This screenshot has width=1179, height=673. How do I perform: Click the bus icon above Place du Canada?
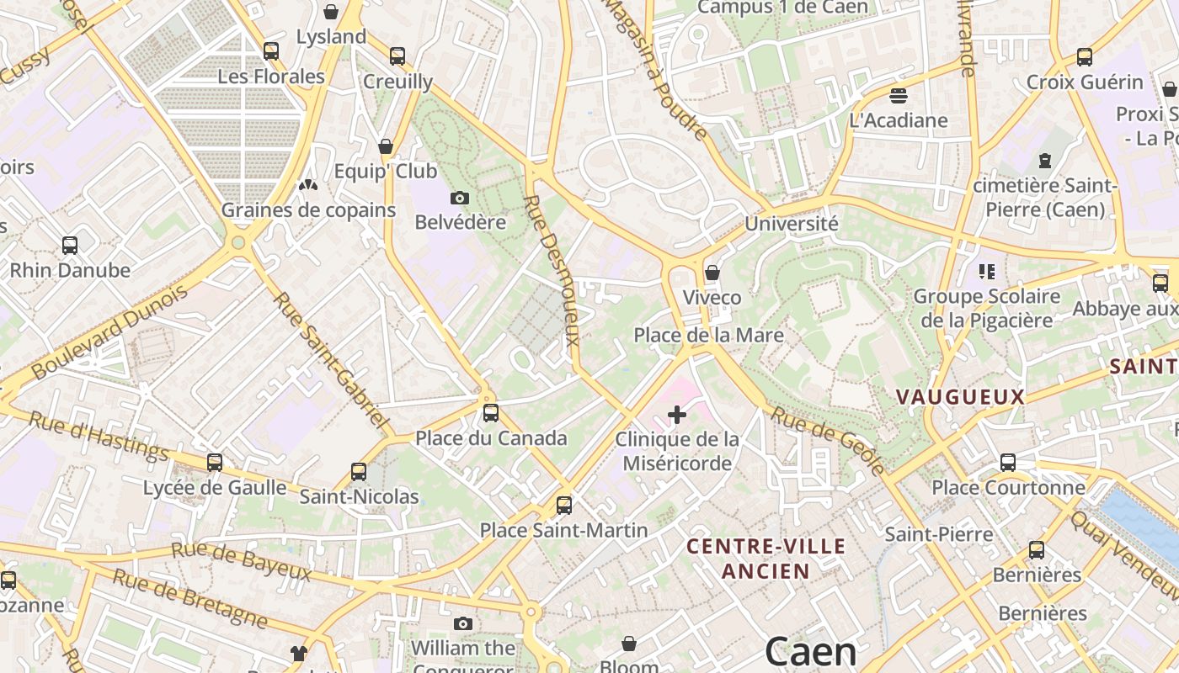tap(490, 413)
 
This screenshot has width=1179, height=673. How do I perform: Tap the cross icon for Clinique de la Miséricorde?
tap(677, 414)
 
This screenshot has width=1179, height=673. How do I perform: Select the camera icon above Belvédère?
tap(460, 198)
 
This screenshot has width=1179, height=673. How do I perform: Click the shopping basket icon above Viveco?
tap(712, 273)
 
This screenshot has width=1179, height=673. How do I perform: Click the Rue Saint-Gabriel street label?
tap(331, 358)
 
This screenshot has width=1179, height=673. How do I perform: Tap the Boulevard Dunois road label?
tap(109, 331)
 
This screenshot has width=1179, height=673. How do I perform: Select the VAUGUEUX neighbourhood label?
tap(960, 397)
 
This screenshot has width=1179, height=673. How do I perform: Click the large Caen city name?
tap(810, 652)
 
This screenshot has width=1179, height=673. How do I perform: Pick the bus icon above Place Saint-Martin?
tap(564, 506)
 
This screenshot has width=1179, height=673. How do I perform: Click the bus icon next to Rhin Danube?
tap(70, 246)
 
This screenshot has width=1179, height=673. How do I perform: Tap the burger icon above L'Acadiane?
tap(899, 95)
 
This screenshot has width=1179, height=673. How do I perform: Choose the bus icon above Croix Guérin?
tap(1085, 57)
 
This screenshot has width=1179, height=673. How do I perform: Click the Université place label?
tap(792, 224)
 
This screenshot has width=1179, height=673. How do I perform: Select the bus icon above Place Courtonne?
tap(1008, 462)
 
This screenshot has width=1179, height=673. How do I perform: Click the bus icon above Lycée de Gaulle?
tap(215, 462)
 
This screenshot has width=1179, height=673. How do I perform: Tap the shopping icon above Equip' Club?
tap(386, 146)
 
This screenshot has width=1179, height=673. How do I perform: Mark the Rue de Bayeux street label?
tap(242, 562)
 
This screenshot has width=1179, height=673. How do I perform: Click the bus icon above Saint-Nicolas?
tap(359, 471)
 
